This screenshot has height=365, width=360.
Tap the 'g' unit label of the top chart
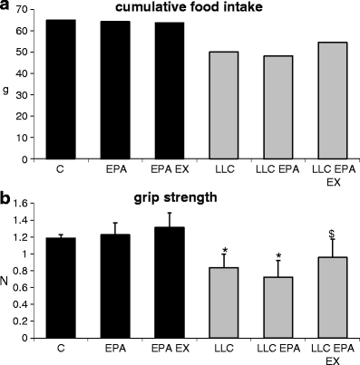(7, 90)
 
